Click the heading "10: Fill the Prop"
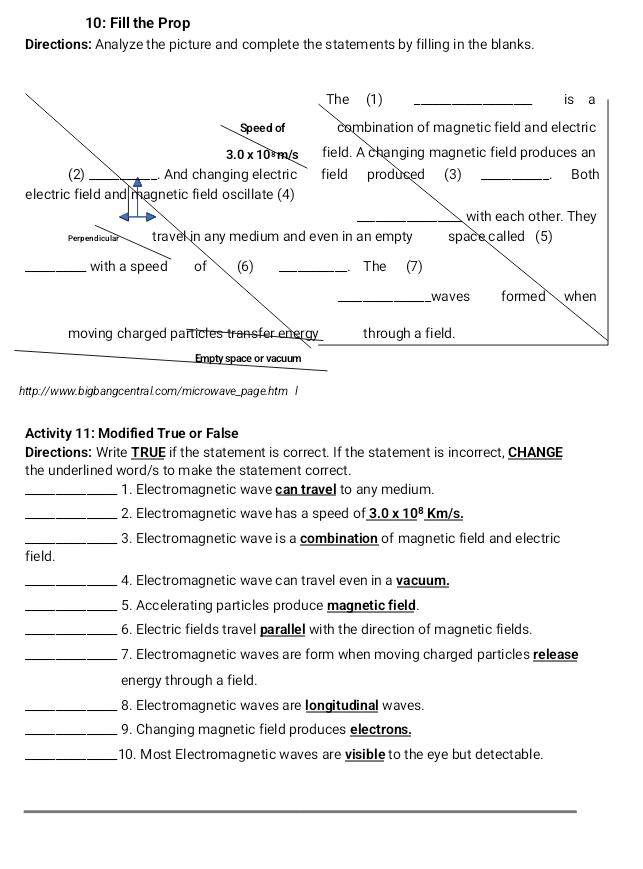click(138, 23)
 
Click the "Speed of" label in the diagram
click(263, 128)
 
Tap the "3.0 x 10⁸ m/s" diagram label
click(262, 154)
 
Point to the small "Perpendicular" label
click(93, 239)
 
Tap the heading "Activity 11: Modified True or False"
click(131, 433)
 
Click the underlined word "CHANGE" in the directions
click(535, 452)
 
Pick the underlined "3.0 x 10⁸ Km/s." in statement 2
click(414, 514)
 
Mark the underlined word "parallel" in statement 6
click(282, 630)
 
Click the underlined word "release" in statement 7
click(555, 655)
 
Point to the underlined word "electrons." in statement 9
click(380, 730)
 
